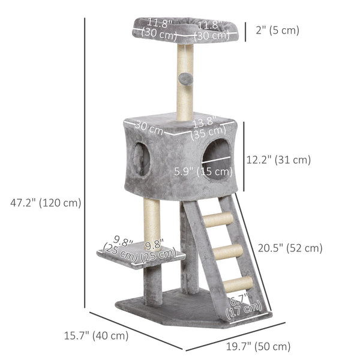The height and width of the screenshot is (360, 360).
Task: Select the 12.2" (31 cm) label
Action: [278, 160]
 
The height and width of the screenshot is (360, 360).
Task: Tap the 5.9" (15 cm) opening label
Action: [203, 172]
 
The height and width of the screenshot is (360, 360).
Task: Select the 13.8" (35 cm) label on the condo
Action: [208, 128]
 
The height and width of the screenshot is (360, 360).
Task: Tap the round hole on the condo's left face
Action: [142, 160]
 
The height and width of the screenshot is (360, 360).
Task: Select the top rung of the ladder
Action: [220, 220]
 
